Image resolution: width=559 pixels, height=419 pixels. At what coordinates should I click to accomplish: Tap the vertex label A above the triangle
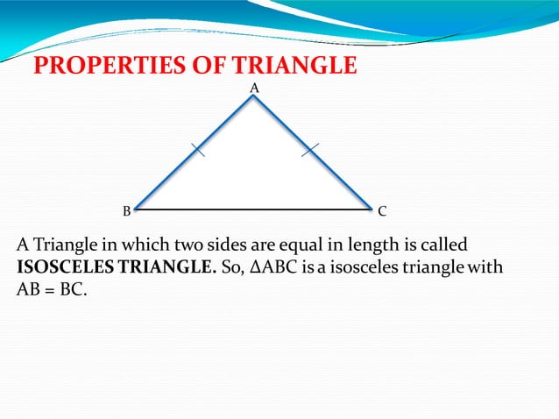254,88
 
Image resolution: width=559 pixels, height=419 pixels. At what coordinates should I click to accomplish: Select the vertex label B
126,211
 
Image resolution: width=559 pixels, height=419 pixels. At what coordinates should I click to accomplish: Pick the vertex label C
382,211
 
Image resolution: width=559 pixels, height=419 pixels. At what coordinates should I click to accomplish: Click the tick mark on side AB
197,151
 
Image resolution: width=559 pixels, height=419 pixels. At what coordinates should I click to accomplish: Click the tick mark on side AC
309,151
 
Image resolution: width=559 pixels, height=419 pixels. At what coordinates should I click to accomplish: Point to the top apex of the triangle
253,96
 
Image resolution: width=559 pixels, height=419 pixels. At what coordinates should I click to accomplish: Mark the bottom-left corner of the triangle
136,210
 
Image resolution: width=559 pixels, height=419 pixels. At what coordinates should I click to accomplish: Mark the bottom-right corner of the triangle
371,210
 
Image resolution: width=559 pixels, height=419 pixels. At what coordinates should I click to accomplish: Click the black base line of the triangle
254,210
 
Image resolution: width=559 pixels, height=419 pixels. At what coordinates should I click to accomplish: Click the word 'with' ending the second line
486,267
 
